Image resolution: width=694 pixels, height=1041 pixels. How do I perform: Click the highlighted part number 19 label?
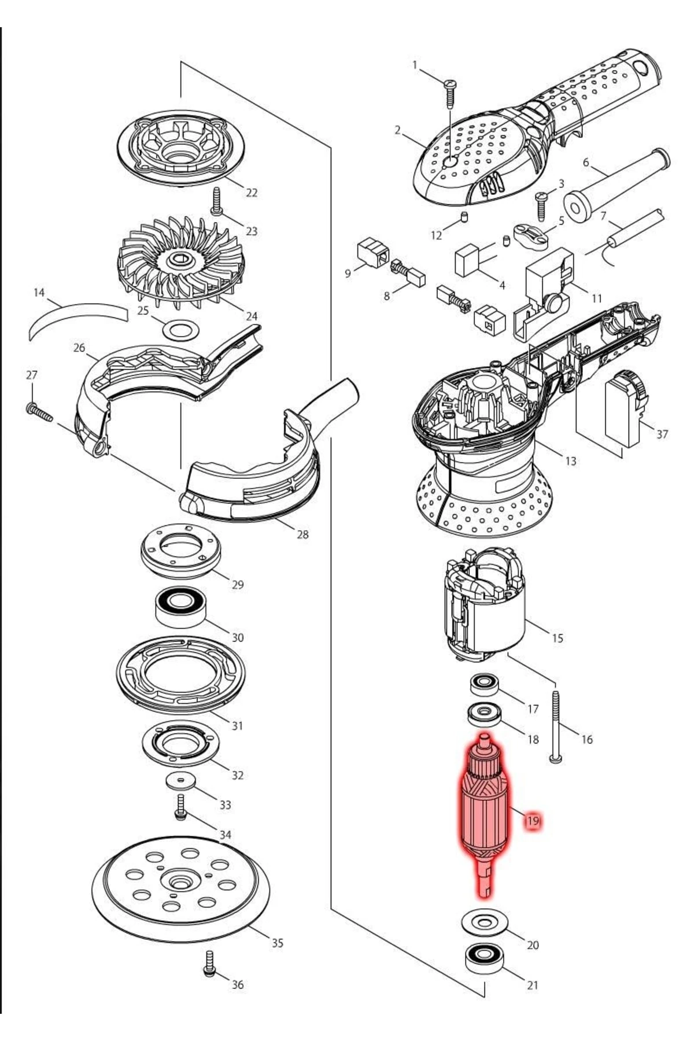pos(533,821)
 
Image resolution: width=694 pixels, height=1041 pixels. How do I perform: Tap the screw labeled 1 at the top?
pos(451,93)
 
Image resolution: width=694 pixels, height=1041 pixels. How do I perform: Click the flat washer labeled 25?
pos(181,331)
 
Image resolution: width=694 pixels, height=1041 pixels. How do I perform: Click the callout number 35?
pos(278,943)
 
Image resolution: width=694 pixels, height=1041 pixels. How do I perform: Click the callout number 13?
pos(571,461)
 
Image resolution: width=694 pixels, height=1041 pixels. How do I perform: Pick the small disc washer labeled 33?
pos(180,781)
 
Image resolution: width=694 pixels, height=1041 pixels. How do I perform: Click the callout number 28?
pos(302,534)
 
